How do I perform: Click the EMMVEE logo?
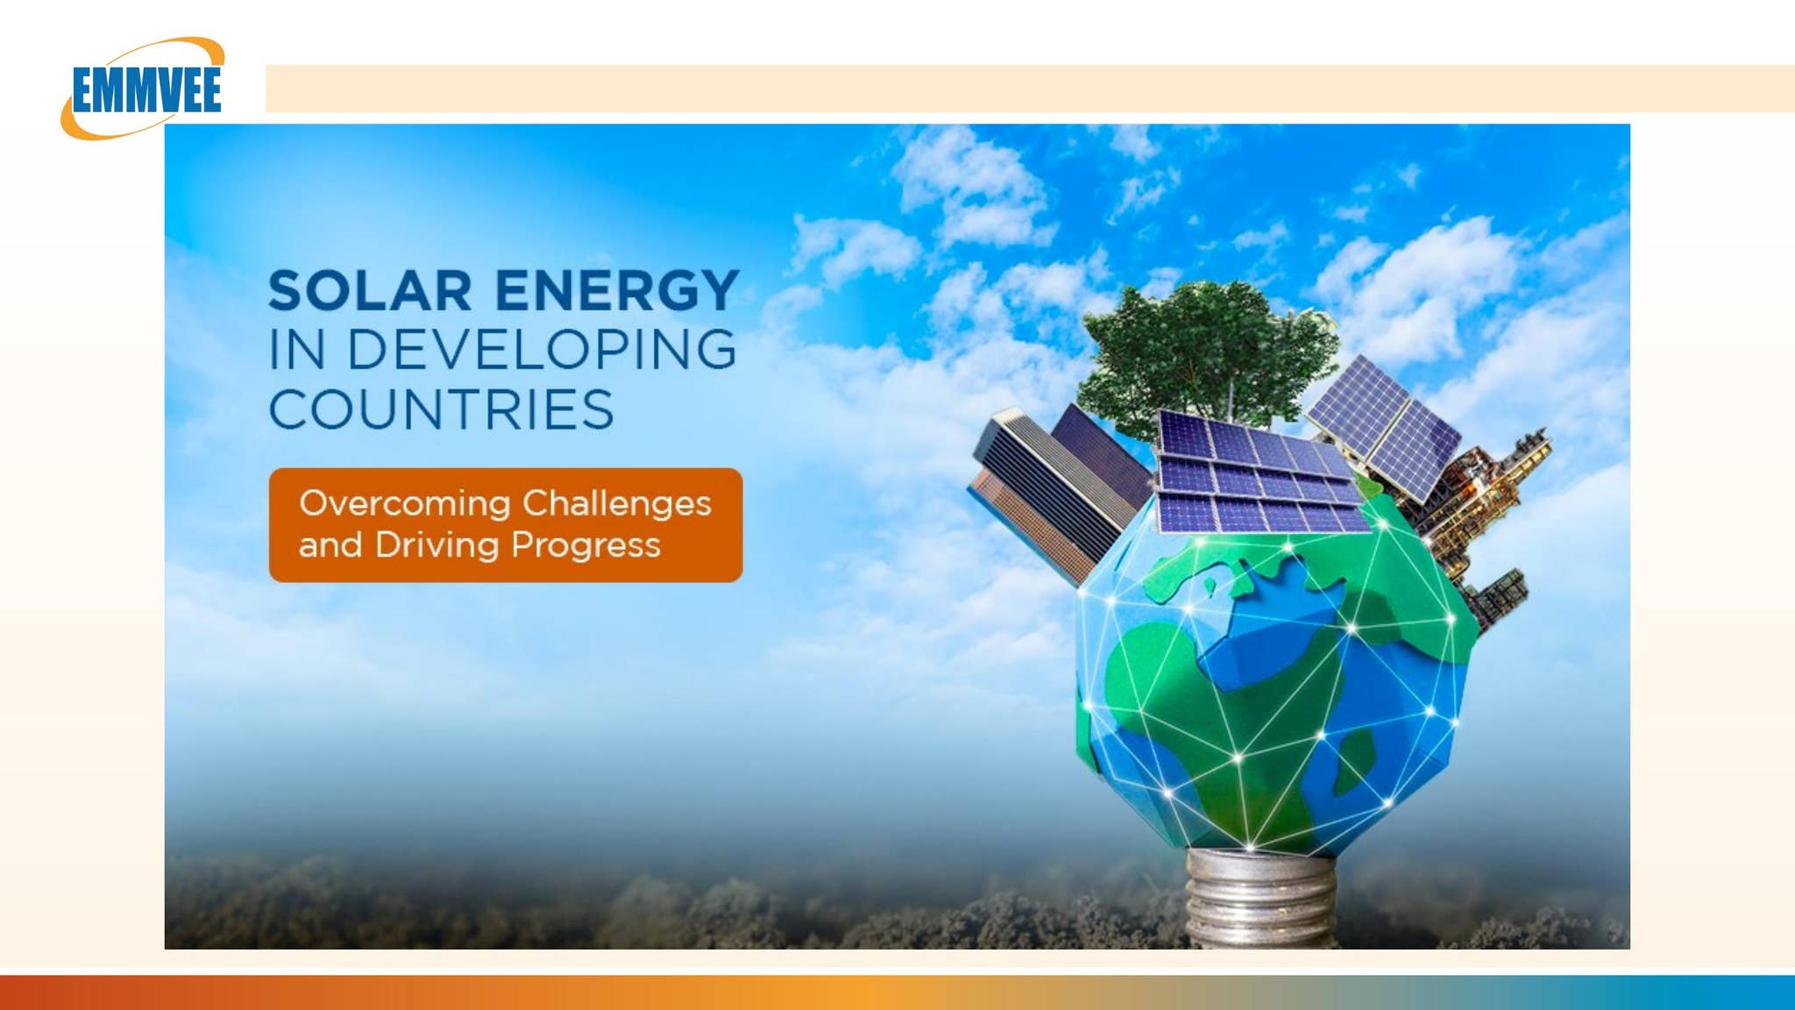pyautogui.click(x=145, y=89)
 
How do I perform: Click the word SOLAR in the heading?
pyautogui.click(x=370, y=291)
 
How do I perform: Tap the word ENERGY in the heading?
pyautogui.click(x=617, y=291)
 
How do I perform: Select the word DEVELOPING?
pyautogui.click(x=542, y=350)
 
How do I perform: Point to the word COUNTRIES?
pyautogui.click(x=441, y=410)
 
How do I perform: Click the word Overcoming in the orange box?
pyautogui.click(x=405, y=503)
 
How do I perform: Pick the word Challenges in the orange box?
pyautogui.click(x=617, y=503)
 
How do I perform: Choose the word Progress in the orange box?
pyautogui.click(x=585, y=545)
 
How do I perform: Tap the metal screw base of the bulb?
pyautogui.click(x=1259, y=899)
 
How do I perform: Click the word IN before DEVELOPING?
pyautogui.click(x=297, y=350)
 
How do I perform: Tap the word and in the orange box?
pyautogui.click(x=330, y=545)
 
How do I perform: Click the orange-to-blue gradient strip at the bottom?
pyautogui.click(x=897, y=992)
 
